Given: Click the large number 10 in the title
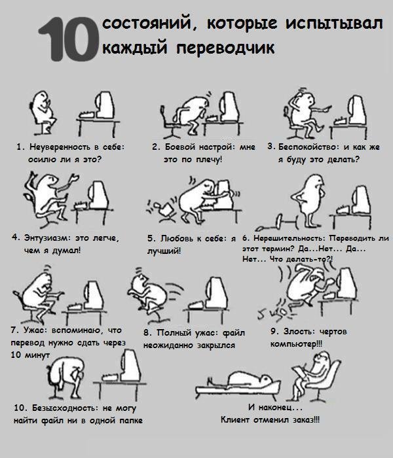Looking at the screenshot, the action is (x=69, y=39).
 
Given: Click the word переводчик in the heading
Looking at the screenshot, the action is (x=225, y=47).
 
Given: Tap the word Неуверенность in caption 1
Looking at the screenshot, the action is (x=60, y=147).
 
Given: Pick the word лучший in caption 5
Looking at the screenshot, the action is (x=163, y=251).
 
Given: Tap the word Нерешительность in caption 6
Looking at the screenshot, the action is (x=288, y=238).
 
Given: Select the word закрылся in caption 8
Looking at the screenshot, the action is (x=215, y=345).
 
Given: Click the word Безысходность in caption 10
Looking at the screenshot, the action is (x=64, y=408).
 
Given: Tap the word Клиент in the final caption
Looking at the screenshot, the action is (x=235, y=420).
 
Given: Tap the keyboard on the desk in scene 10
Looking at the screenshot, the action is (x=111, y=377).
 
